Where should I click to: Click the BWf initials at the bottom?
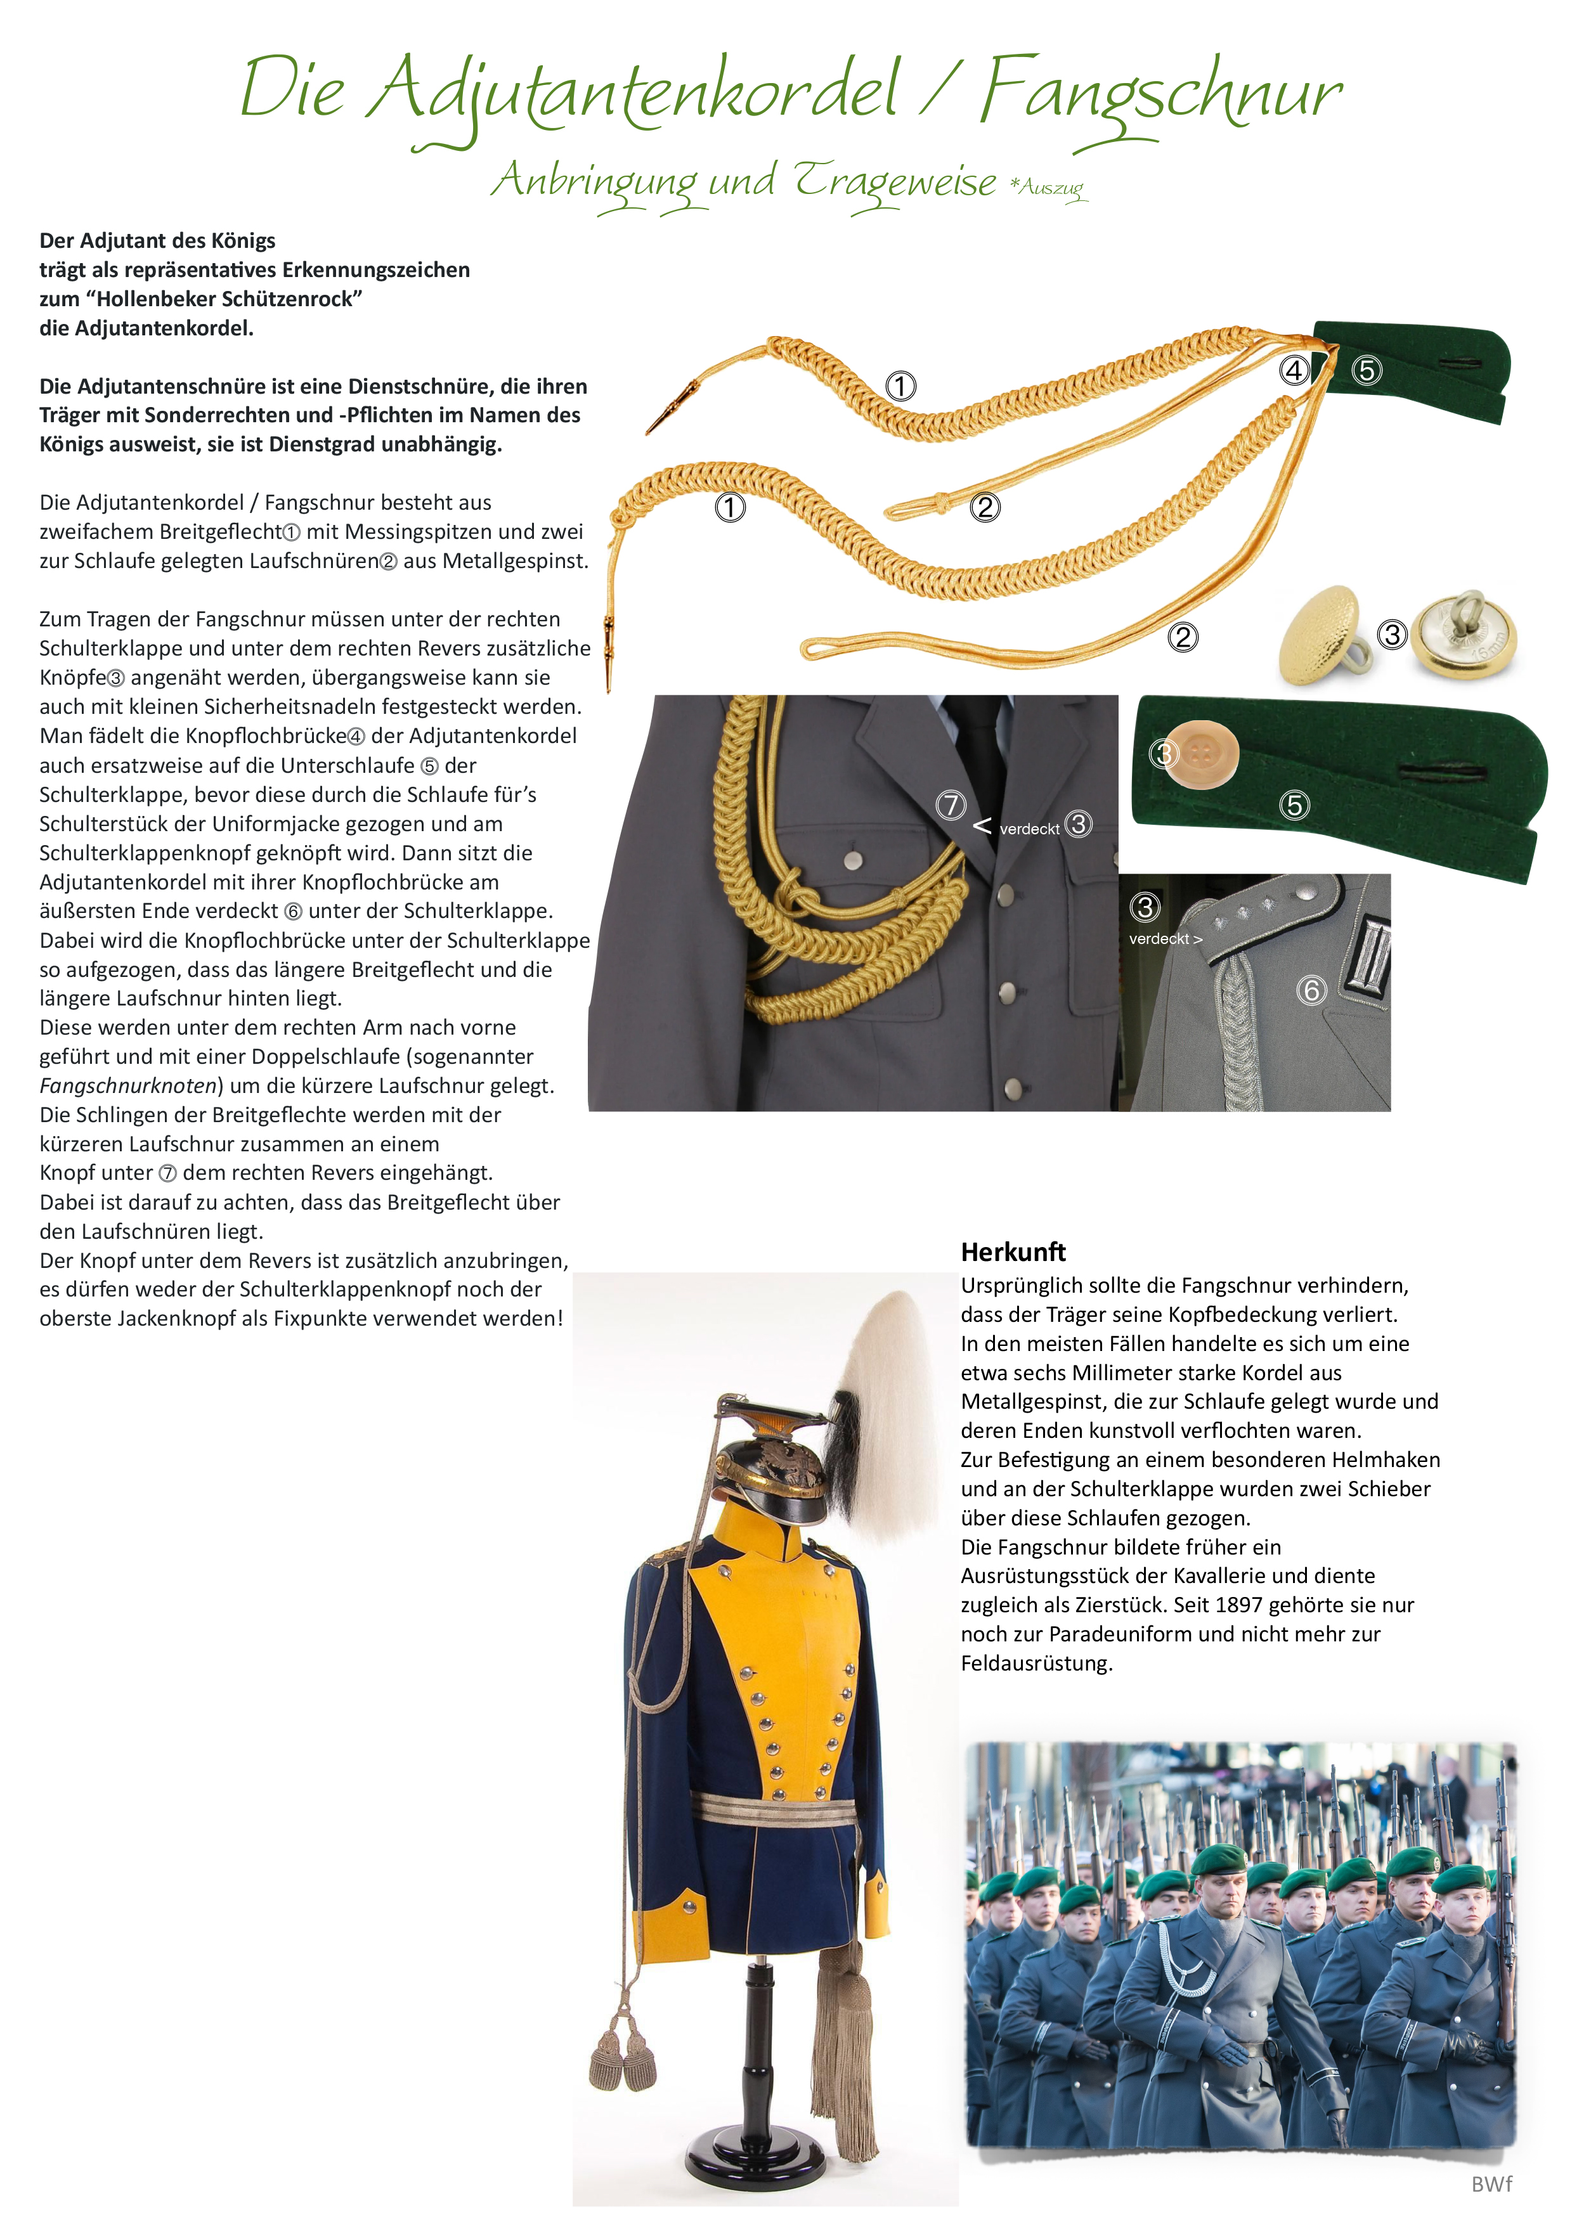[x=1491, y=2184]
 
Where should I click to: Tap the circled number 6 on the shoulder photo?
[x=1311, y=990]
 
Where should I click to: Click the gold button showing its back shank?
[x=1462, y=635]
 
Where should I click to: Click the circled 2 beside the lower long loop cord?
[x=1181, y=637]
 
